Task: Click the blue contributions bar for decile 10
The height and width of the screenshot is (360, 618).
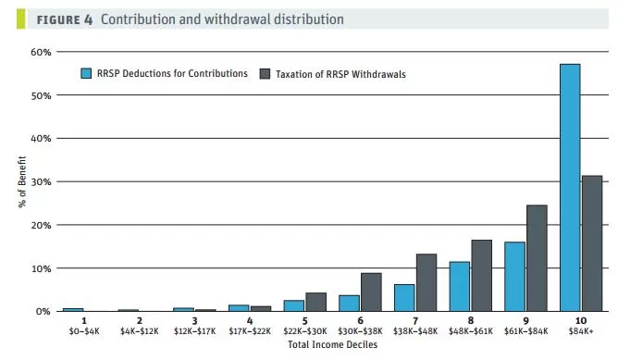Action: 570,188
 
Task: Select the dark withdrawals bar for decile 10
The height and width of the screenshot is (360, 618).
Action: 592,243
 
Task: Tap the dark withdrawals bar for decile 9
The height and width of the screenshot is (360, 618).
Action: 537,258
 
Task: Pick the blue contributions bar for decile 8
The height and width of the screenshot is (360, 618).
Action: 460,286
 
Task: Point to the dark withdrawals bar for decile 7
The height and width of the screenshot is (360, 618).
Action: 426,282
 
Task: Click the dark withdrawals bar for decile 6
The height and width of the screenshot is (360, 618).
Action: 371,292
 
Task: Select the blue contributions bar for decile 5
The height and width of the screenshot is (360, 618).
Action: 294,305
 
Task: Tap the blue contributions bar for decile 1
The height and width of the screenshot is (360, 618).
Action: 73,309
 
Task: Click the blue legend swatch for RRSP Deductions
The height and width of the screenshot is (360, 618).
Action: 86,73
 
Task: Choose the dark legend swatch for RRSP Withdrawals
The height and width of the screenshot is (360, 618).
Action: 265,74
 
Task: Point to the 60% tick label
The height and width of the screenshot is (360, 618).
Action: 41,52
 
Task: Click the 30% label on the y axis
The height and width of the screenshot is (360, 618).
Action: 41,181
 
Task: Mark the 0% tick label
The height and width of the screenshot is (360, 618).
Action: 43,312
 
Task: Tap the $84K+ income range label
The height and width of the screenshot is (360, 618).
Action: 581,331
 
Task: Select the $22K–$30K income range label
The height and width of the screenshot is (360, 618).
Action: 305,331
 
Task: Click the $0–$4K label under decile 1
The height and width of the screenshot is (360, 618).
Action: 84,331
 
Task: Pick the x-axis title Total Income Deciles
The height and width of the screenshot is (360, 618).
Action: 333,344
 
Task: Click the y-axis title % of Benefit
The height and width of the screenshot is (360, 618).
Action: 21,181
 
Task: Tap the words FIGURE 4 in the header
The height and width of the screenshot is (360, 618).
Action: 65,19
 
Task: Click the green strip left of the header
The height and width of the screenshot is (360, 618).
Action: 21,19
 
